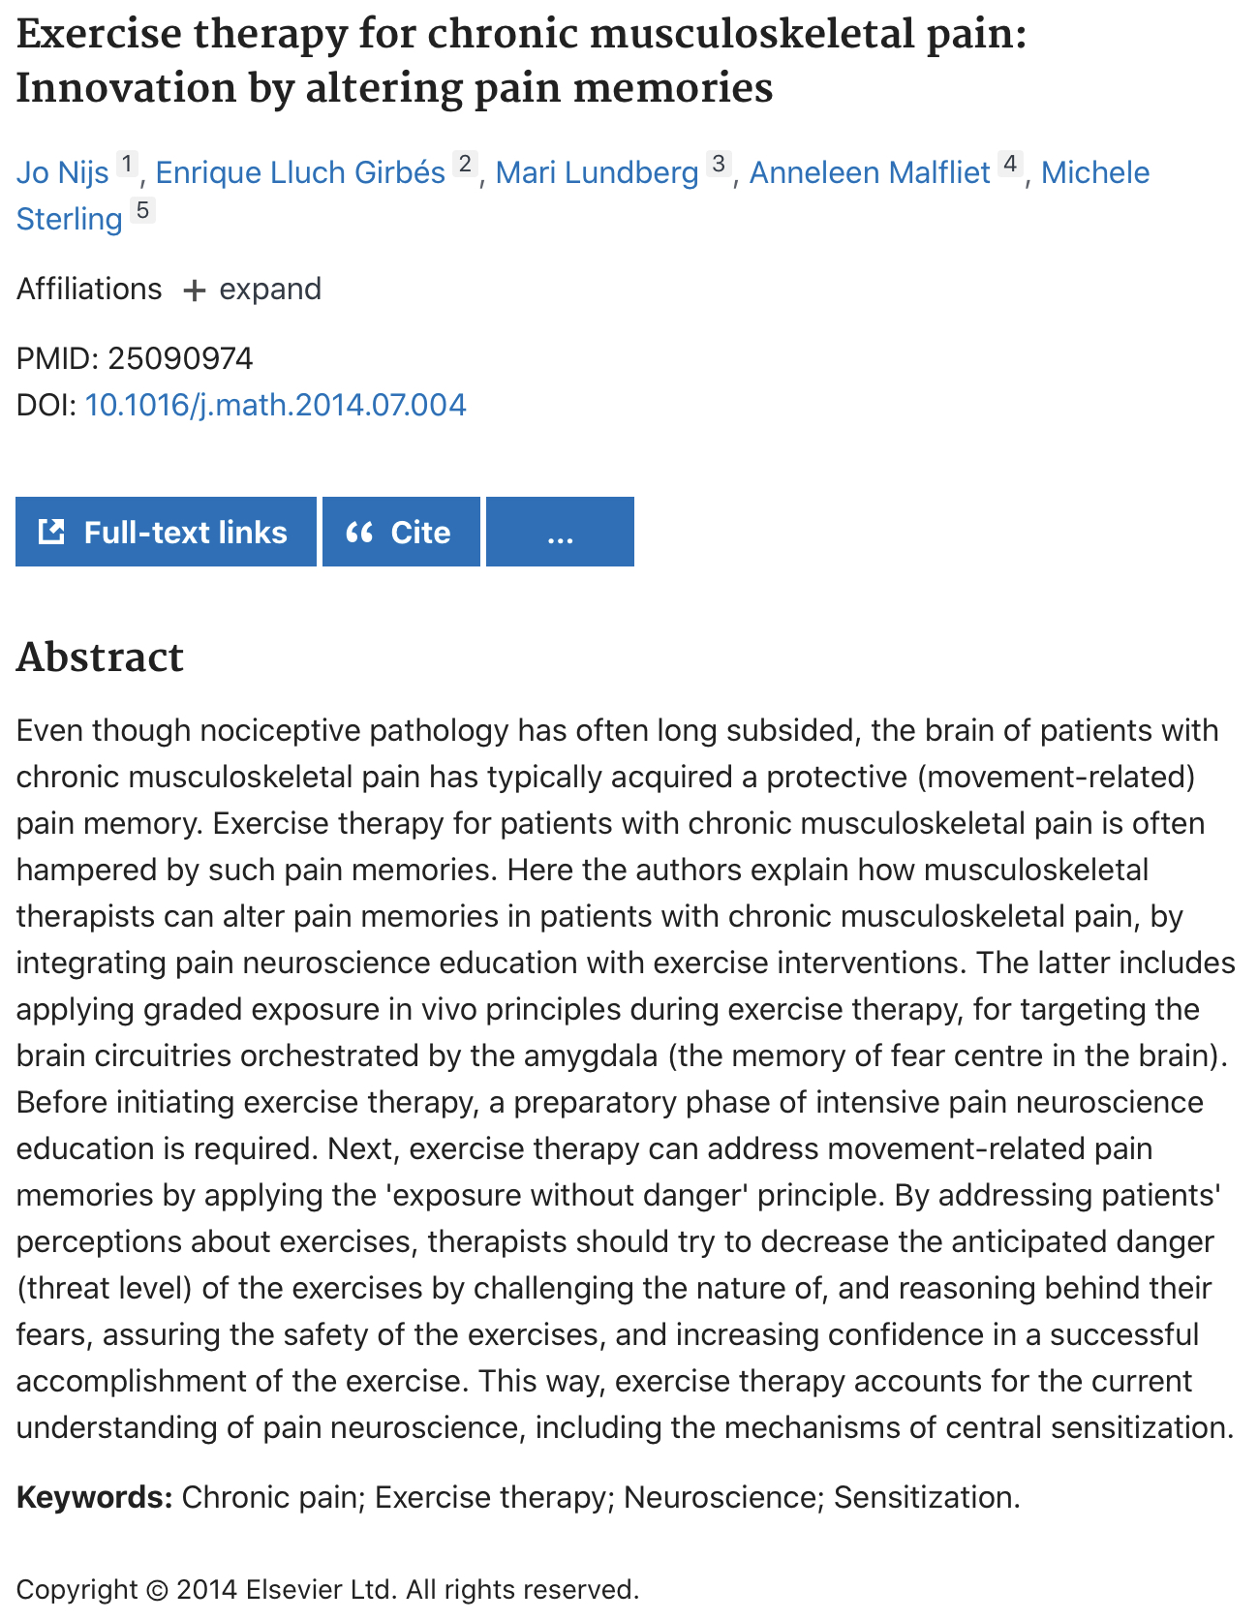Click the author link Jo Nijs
(62, 172)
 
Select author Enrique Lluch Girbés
(300, 172)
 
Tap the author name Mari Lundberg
(597, 172)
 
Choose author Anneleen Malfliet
(870, 172)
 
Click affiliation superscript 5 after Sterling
(142, 210)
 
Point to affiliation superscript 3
(718, 164)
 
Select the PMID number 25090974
(180, 359)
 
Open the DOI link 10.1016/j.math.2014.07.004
(275, 405)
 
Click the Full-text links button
(166, 532)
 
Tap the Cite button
(401, 532)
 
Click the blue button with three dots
(560, 532)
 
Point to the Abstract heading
(100, 658)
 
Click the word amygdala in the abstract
(591, 1055)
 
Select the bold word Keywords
(94, 1497)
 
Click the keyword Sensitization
(926, 1497)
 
